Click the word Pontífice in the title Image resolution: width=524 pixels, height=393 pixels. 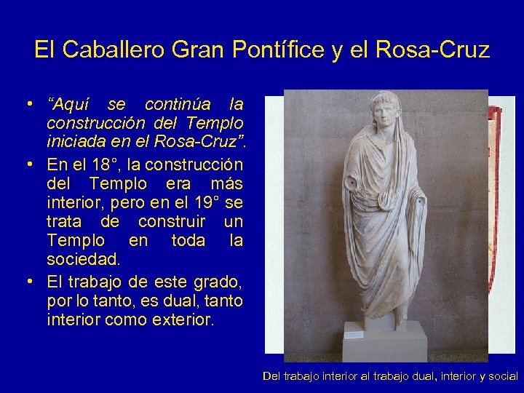(269, 50)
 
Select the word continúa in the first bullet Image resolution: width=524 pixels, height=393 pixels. (177, 105)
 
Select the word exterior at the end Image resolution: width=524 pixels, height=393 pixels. (178, 319)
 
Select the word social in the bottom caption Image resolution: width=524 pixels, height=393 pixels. (501, 376)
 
